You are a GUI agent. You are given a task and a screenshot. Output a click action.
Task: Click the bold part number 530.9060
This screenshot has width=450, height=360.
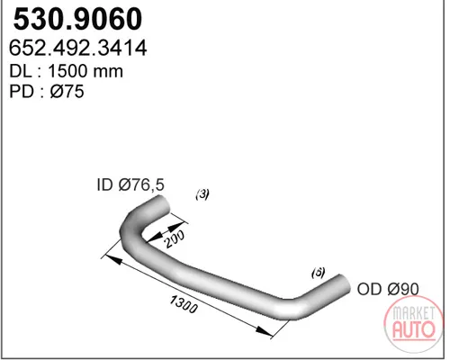[x=77, y=19]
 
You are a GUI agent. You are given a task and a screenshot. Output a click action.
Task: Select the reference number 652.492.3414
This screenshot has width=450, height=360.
[x=78, y=48]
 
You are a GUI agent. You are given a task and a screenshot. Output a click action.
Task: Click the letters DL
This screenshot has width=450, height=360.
[x=21, y=71]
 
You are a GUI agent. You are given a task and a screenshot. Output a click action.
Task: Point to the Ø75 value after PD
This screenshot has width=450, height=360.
[x=67, y=91]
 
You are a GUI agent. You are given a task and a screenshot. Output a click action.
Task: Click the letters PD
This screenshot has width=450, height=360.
[x=22, y=91]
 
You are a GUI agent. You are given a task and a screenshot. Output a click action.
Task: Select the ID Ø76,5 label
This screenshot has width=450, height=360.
[x=130, y=184]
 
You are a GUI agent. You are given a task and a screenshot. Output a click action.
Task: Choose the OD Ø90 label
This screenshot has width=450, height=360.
[x=388, y=289]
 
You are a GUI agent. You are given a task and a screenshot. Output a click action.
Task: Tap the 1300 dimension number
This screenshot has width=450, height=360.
[x=184, y=303]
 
